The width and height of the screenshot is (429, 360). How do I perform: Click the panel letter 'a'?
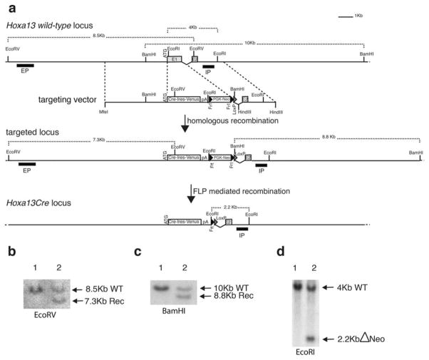point(9,8)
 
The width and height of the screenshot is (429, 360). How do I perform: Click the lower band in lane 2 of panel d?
point(311,339)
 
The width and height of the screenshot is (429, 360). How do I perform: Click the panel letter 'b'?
point(9,252)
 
